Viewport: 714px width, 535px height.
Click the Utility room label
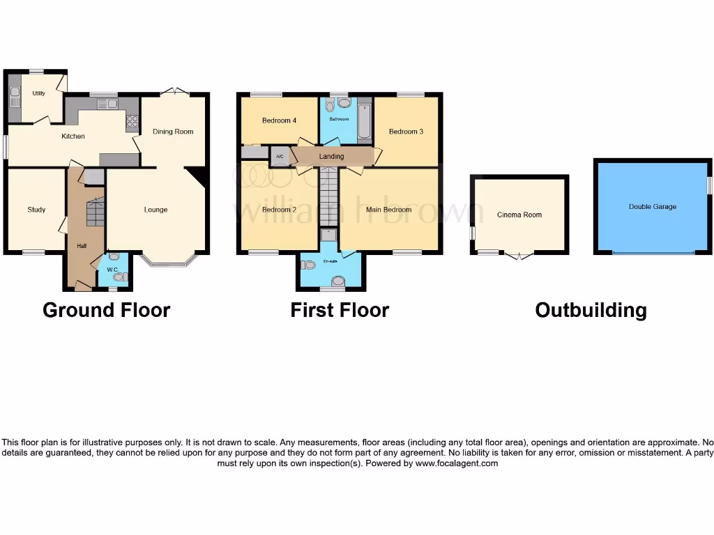(x=38, y=93)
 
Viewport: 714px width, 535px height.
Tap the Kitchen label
(x=73, y=137)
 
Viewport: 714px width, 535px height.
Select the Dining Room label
(x=174, y=132)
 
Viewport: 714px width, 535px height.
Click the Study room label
(x=36, y=210)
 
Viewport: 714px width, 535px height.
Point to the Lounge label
(x=155, y=210)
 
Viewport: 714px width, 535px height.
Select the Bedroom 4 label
(x=279, y=121)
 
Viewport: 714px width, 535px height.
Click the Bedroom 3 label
(x=406, y=132)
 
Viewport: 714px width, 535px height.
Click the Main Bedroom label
(x=388, y=210)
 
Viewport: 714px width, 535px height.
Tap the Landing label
(x=331, y=156)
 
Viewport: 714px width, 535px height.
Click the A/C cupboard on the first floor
(x=280, y=156)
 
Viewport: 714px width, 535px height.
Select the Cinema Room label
(x=519, y=215)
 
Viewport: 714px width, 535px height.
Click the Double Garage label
(x=653, y=207)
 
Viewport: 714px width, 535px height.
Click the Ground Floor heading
(x=106, y=310)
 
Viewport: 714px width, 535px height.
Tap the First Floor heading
(x=340, y=310)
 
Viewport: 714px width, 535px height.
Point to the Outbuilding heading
(x=591, y=310)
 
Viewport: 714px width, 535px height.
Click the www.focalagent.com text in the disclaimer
(x=457, y=463)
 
